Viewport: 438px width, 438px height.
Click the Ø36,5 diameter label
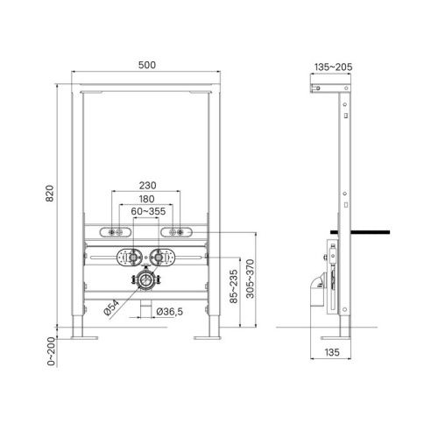point(169,311)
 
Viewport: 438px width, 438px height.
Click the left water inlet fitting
point(129,258)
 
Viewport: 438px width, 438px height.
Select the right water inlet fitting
point(160,258)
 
